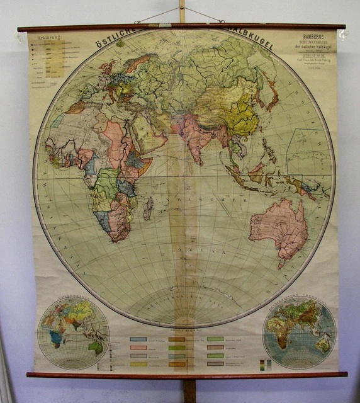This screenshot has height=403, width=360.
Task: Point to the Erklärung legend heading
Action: click(51, 38)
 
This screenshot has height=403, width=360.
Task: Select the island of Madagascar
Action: click(149, 208)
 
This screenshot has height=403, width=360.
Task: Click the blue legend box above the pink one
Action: click(138, 339)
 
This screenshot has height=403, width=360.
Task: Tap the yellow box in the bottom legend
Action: click(138, 364)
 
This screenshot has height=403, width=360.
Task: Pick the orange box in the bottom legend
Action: click(177, 364)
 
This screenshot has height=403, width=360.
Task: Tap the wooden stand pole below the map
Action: click(188, 390)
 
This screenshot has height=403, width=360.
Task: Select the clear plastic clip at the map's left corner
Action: click(24, 37)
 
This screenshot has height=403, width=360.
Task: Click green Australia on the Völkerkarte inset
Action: click(95, 346)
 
